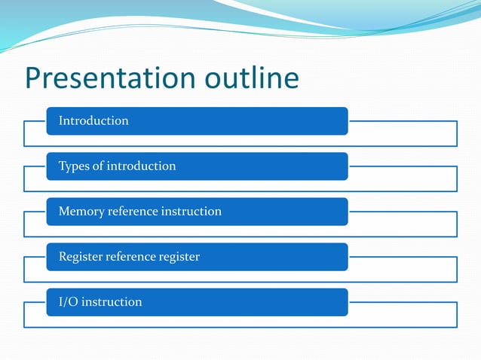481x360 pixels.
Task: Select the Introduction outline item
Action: click(x=93, y=121)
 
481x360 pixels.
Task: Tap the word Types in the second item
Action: click(x=74, y=166)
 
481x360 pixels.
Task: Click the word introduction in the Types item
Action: click(x=141, y=166)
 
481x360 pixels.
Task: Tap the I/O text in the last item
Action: click(x=68, y=302)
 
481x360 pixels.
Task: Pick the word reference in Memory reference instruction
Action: click(x=136, y=211)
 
